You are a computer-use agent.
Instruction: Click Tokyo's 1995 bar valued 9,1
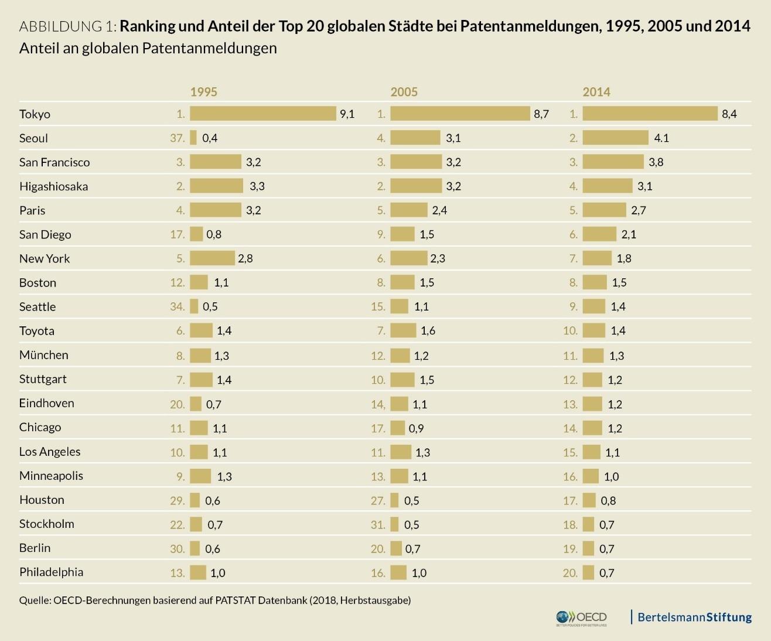pos(262,114)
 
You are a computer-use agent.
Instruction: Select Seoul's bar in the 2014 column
pos(615,138)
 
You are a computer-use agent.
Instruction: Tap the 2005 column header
pos(404,91)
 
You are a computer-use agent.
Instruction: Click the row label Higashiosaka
pos(53,186)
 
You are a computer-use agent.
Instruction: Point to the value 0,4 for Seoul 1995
pos(210,138)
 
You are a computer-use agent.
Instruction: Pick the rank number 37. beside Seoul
pos(178,138)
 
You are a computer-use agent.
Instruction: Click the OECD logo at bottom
pos(582,618)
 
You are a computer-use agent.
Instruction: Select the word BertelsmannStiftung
pos(694,617)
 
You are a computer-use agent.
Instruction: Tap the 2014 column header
pos(596,91)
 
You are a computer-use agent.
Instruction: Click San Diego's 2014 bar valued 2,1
pos(599,234)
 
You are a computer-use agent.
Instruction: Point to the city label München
pos(43,355)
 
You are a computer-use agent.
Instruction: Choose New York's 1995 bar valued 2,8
pos(212,258)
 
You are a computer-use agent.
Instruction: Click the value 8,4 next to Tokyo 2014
pos(729,114)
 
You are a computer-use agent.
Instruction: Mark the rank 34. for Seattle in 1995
pos(178,307)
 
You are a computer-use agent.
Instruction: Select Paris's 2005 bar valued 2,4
pos(409,210)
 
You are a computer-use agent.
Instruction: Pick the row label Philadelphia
pos(51,572)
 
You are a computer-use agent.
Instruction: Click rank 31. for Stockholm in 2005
pos(378,524)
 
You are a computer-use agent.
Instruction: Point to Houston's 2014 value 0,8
pos(608,500)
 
